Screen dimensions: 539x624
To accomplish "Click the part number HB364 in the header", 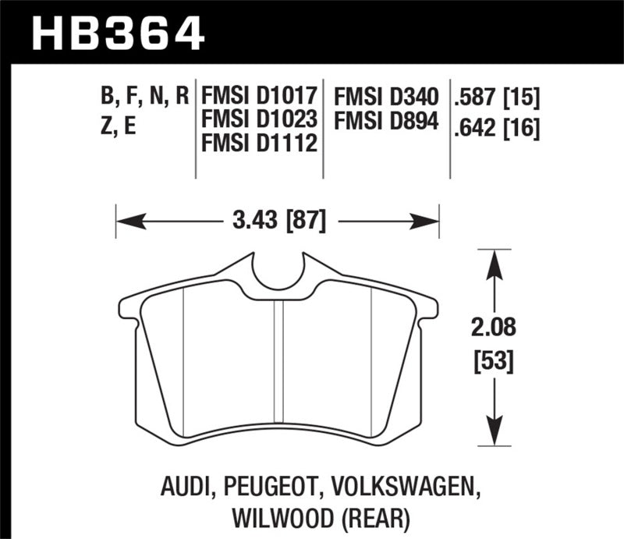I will coord(117,33).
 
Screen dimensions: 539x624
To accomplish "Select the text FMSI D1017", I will coord(259,97).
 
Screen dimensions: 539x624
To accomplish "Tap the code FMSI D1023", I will coord(259,120).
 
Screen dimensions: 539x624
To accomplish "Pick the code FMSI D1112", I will coord(259,144).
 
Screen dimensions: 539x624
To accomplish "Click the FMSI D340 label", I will coord(385,97).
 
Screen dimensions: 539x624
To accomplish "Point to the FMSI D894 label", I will coord(385,121).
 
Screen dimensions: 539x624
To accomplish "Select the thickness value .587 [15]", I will coord(496,97).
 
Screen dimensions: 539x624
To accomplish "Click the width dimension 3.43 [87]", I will coord(278,222).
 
